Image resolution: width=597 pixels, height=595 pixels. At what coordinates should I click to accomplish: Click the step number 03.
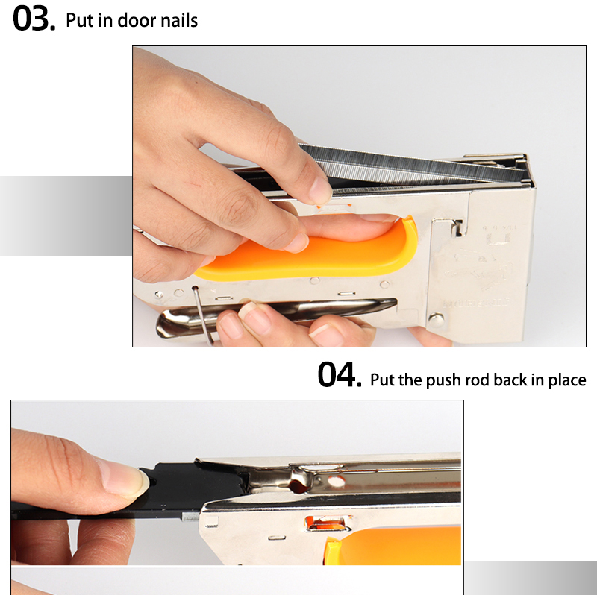pos(34,19)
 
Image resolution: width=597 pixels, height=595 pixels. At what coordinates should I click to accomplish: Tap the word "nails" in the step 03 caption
pos(177,20)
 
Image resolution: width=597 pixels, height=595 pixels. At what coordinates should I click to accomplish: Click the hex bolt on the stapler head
pos(438,318)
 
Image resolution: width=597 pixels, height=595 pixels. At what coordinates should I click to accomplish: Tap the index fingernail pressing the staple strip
pos(320,192)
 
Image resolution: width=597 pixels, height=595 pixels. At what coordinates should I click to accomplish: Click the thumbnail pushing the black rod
pos(125,477)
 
